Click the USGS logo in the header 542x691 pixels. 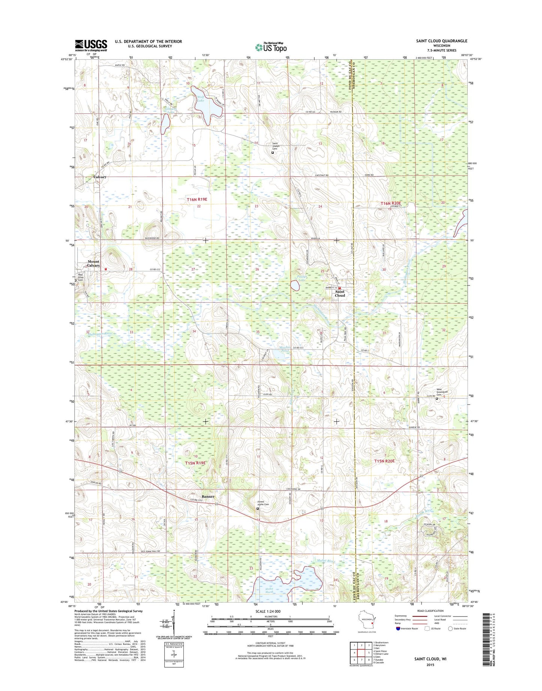(x=91, y=45)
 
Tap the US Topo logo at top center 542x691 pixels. (x=271, y=47)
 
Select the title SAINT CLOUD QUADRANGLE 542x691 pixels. (x=441, y=41)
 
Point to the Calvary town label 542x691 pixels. (x=100, y=177)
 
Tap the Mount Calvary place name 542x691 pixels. (x=94, y=263)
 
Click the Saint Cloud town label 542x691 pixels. (x=340, y=293)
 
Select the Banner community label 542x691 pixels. (x=208, y=496)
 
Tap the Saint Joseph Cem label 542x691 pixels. (x=276, y=146)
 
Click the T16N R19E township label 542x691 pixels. (x=197, y=200)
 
